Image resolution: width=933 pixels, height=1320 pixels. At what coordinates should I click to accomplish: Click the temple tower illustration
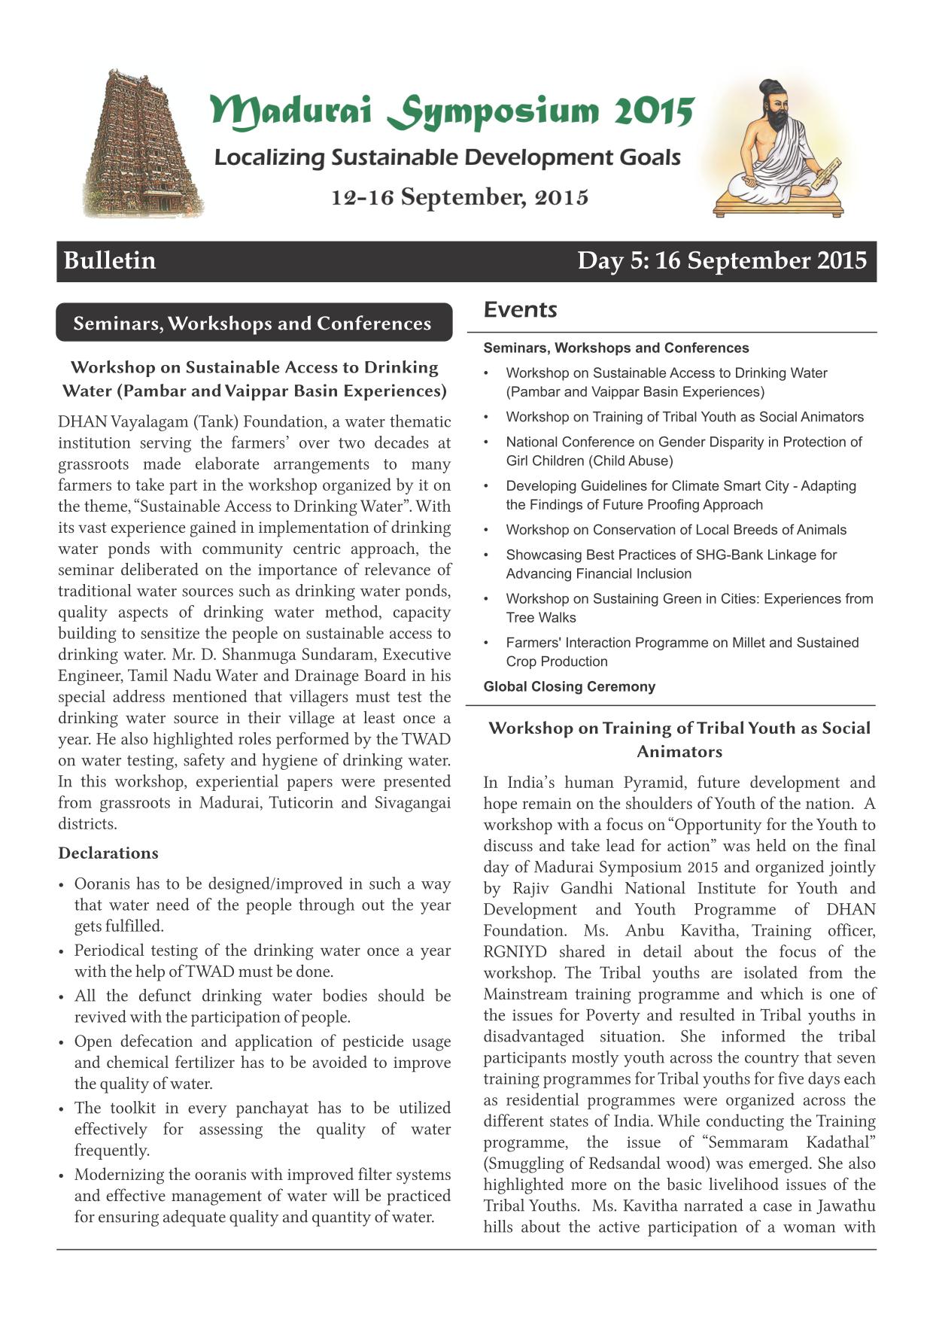(x=141, y=144)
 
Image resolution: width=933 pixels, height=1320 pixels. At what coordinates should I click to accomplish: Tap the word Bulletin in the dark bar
(x=110, y=260)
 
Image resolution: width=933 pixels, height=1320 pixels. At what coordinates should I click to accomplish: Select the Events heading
(x=520, y=309)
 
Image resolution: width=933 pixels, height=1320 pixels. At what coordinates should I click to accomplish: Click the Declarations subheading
(x=108, y=853)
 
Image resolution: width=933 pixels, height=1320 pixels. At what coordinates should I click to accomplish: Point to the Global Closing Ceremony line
(x=569, y=686)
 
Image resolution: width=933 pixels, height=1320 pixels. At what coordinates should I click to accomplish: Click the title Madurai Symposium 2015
(x=451, y=111)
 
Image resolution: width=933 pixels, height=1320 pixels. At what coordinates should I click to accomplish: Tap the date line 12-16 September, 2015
(x=460, y=197)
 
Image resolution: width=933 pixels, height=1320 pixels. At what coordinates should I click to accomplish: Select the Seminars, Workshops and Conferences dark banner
(x=253, y=323)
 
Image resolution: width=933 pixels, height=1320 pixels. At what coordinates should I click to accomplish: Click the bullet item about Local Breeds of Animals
(x=676, y=530)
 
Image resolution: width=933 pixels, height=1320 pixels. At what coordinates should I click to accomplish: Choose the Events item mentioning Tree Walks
(x=688, y=608)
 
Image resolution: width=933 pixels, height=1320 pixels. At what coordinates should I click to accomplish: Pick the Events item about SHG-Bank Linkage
(x=670, y=564)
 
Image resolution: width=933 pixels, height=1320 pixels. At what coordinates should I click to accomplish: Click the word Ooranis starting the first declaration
(x=104, y=884)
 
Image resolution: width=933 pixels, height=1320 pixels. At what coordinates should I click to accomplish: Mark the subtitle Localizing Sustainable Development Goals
(x=447, y=158)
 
